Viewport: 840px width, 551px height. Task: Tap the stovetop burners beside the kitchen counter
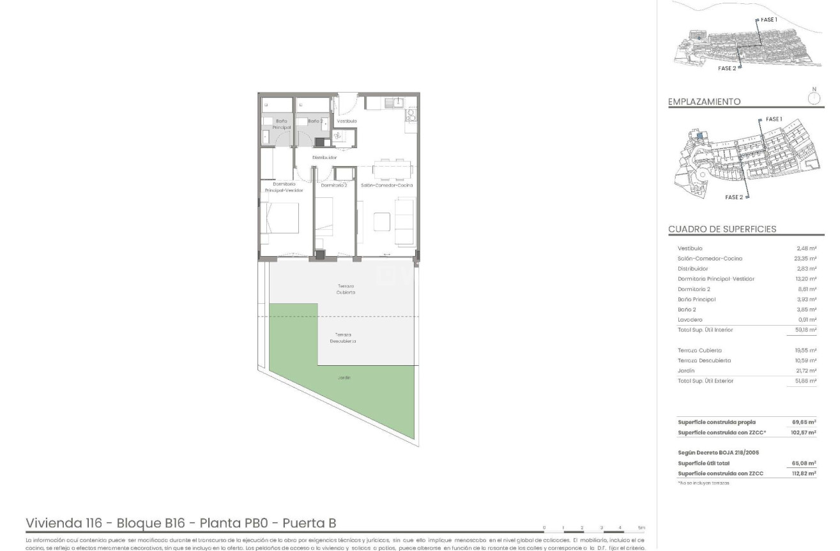[411, 116]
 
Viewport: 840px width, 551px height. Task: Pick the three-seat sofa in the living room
[404, 220]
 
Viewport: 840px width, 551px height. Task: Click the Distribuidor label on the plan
[324, 157]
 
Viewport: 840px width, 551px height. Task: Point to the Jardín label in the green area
[345, 377]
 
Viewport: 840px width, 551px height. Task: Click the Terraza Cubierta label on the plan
[346, 289]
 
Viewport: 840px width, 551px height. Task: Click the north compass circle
[814, 98]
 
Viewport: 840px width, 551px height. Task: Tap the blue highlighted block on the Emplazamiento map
[700, 135]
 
